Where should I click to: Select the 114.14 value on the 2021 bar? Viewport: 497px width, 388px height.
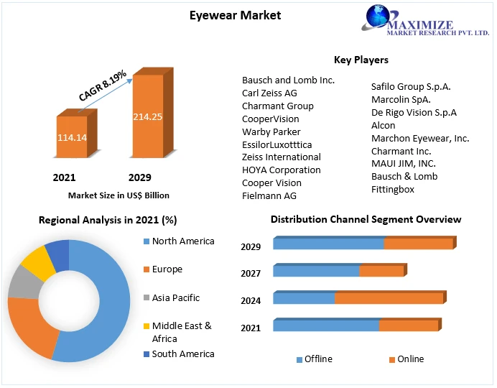click(x=72, y=137)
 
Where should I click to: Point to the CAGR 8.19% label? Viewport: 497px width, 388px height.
click(x=102, y=85)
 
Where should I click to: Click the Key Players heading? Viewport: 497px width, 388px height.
click(x=361, y=60)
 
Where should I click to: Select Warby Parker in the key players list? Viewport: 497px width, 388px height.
click(x=271, y=131)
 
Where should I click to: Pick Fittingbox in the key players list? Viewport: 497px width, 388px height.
click(x=392, y=189)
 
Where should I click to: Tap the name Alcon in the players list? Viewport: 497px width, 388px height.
click(x=383, y=125)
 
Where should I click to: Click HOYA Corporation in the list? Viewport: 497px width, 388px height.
click(x=281, y=170)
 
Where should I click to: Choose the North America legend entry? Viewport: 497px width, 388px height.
click(x=182, y=241)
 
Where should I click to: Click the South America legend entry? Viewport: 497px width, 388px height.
click(x=182, y=354)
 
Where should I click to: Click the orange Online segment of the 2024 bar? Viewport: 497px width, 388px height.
click(x=389, y=298)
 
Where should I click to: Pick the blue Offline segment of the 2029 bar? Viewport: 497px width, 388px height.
click(x=328, y=244)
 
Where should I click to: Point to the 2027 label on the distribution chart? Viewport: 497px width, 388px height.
click(x=251, y=273)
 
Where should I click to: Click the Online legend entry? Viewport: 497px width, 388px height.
click(x=409, y=359)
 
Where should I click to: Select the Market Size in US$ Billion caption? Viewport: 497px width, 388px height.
click(x=119, y=195)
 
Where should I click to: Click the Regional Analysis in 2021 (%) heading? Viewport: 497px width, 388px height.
click(x=108, y=220)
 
